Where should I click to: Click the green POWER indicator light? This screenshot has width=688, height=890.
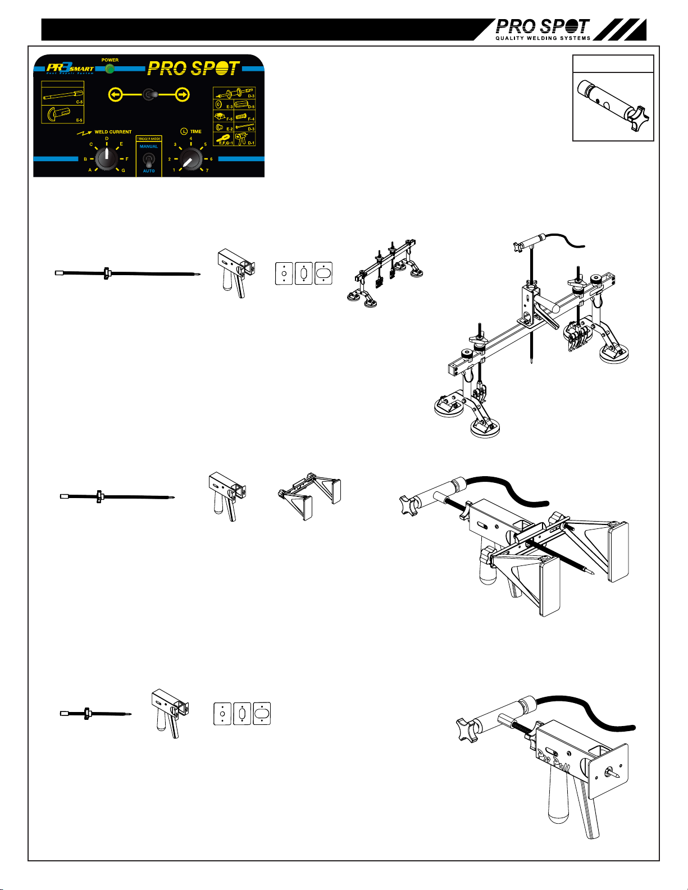(110, 69)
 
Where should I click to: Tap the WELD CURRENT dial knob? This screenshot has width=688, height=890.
(106, 159)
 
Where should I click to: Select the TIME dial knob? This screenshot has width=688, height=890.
(191, 159)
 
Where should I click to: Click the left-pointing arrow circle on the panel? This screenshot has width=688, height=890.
(115, 95)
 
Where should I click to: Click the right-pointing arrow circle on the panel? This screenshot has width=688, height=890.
(183, 95)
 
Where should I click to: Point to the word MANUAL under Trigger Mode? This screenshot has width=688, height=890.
(149, 147)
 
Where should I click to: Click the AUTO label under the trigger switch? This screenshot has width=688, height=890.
(149, 171)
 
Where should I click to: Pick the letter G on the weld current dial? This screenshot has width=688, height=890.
(124, 170)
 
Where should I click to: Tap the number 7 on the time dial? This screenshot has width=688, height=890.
(207, 170)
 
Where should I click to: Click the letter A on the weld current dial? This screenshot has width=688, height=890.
(90, 170)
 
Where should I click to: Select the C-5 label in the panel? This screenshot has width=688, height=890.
(79, 102)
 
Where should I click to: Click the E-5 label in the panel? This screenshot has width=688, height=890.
(79, 120)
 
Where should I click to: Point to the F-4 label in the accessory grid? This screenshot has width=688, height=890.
(251, 119)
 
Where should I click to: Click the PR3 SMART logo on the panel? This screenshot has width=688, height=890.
(70, 69)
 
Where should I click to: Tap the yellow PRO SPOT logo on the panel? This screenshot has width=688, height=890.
(194, 69)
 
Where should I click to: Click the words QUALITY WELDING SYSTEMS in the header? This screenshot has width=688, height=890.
(543, 38)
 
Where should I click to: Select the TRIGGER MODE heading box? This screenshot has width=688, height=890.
(149, 139)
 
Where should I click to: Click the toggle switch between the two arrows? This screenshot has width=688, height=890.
(149, 95)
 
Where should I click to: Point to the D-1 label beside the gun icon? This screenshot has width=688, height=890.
(251, 143)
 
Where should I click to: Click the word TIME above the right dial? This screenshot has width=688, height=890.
(195, 131)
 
